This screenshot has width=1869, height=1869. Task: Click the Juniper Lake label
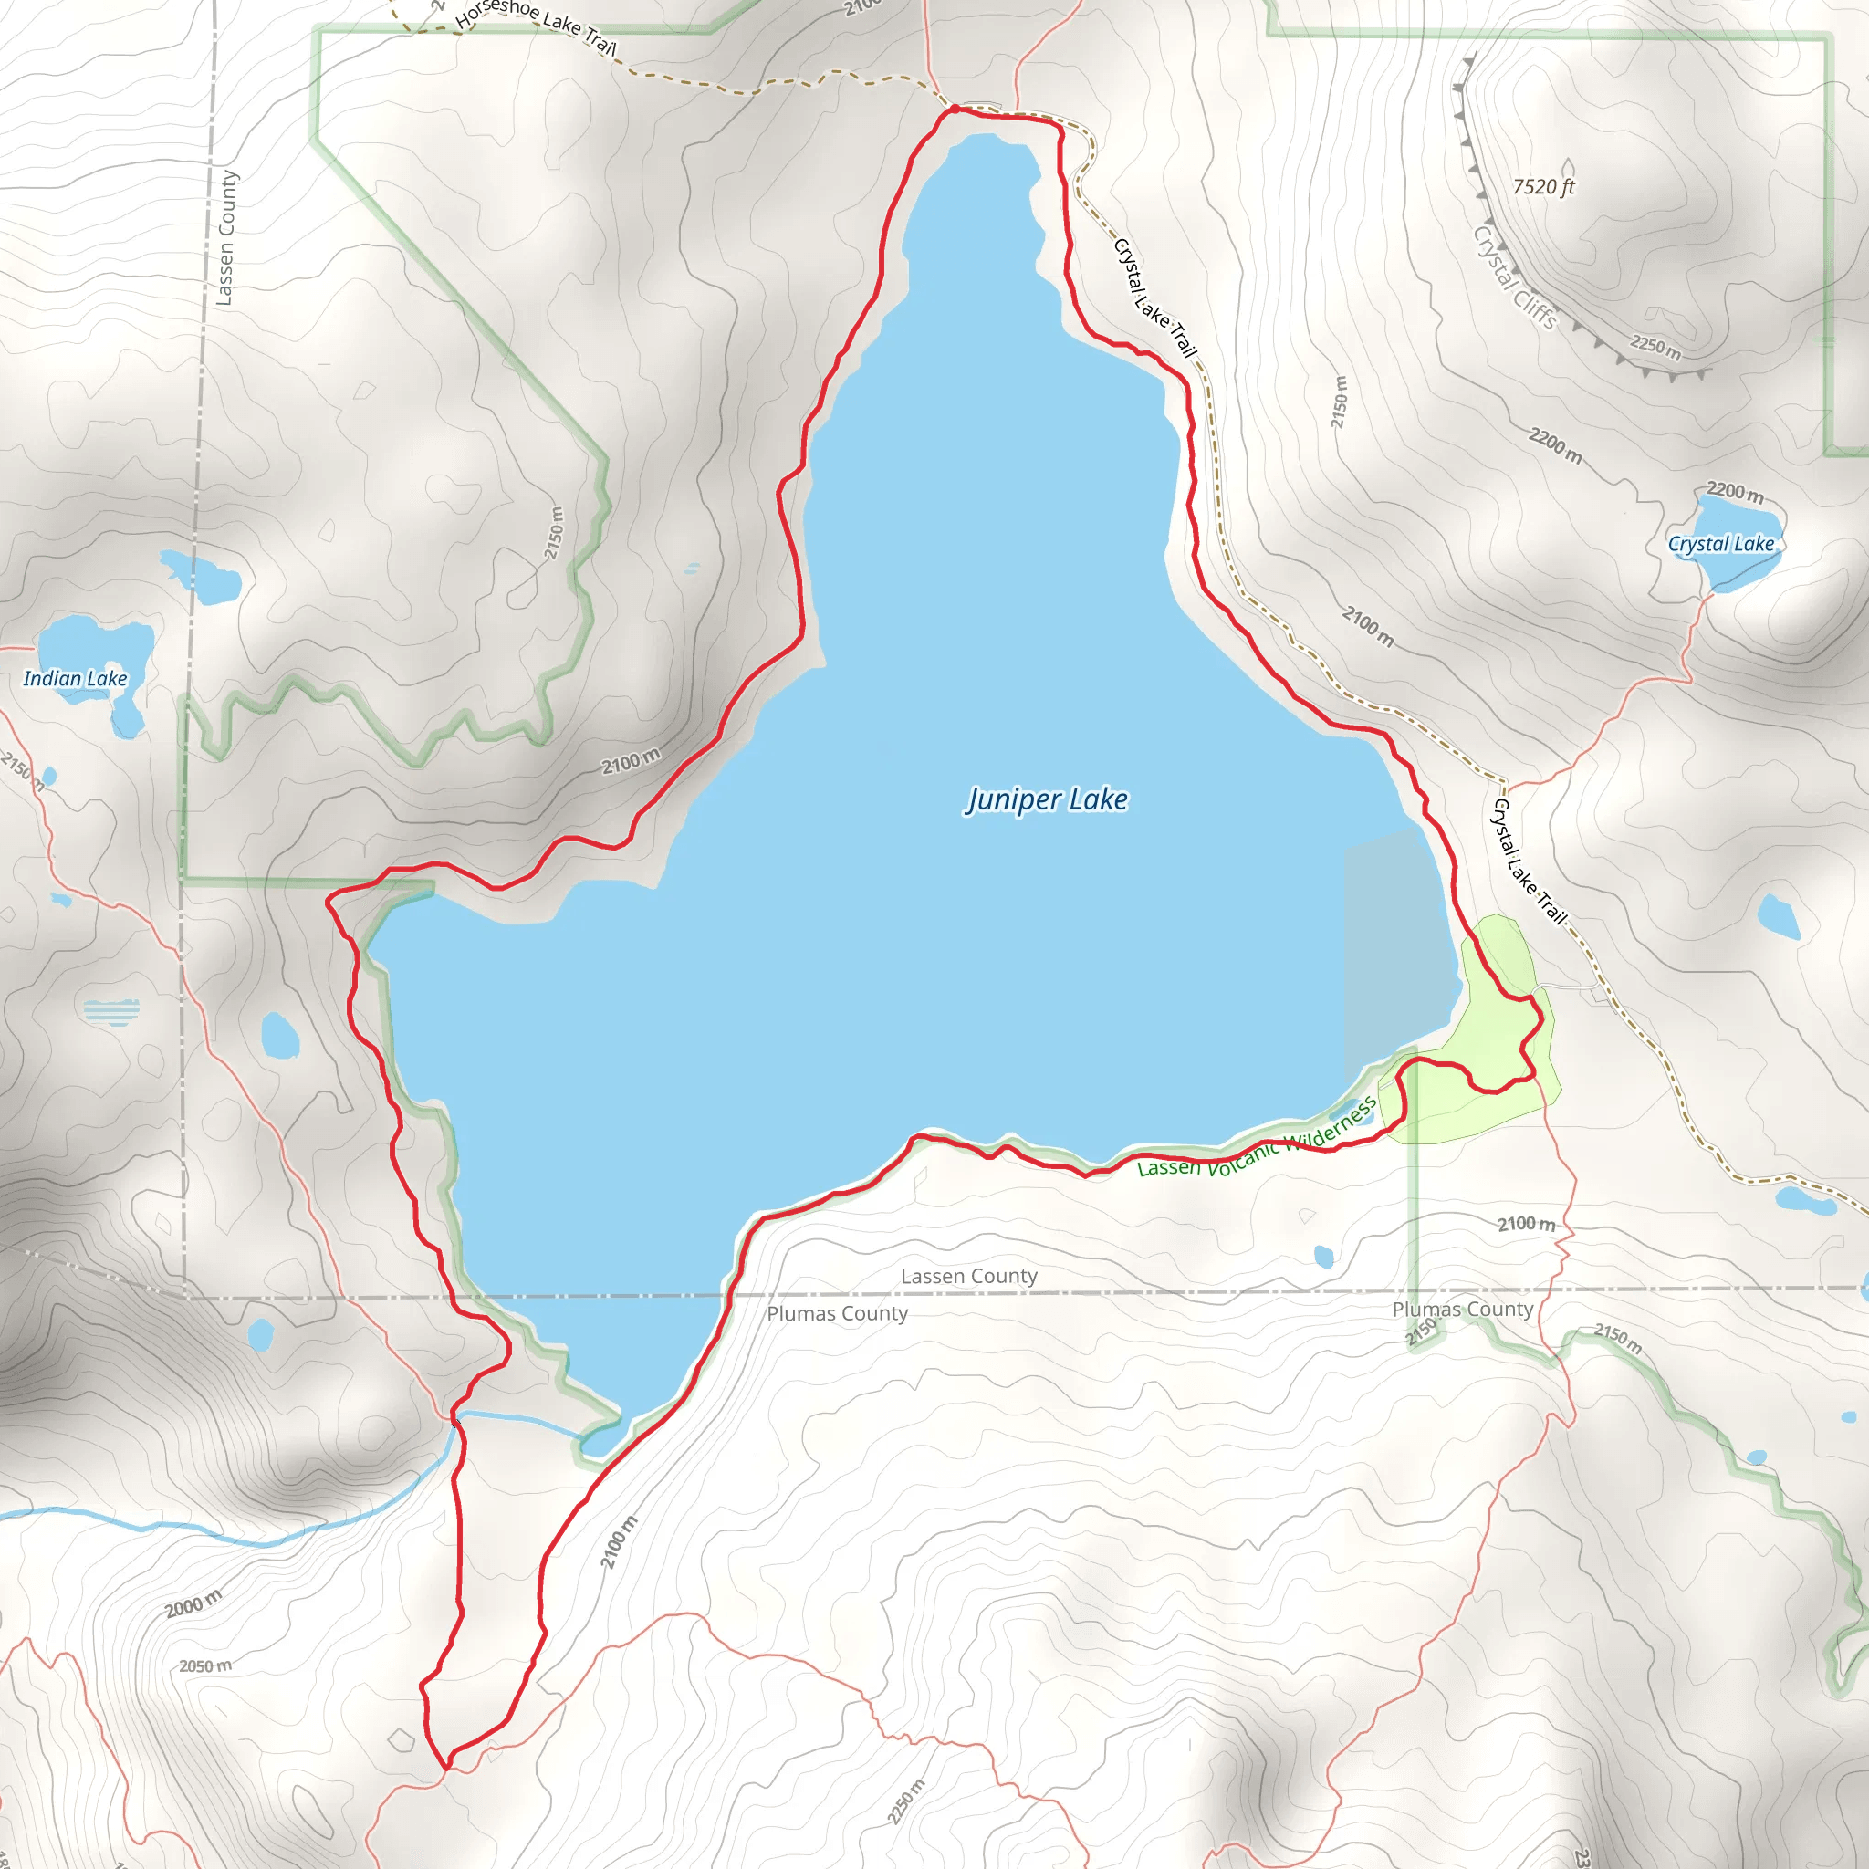pyautogui.click(x=1047, y=800)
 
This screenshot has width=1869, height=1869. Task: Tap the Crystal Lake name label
pyautogui.click(x=1721, y=544)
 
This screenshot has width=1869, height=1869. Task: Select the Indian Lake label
pyautogui.click(x=76, y=678)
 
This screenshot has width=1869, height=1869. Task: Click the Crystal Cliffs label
pyautogui.click(x=1515, y=277)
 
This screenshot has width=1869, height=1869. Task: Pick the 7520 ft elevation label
pyautogui.click(x=1544, y=187)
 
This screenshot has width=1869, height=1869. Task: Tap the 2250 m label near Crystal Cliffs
pyautogui.click(x=1655, y=345)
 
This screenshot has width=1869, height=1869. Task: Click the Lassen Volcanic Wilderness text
pyautogui.click(x=1257, y=1139)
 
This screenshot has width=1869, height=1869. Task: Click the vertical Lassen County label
pyautogui.click(x=226, y=238)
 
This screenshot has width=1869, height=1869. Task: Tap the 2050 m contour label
pyautogui.click(x=205, y=1665)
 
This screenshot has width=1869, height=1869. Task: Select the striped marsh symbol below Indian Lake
pyautogui.click(x=111, y=1012)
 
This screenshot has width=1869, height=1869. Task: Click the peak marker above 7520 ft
pyautogui.click(x=1568, y=167)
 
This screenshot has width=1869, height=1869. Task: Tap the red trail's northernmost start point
pyautogui.click(x=954, y=109)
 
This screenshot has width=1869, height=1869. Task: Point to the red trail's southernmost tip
pyautogui.click(x=447, y=1769)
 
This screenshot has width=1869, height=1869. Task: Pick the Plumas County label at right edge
pyautogui.click(x=1463, y=1309)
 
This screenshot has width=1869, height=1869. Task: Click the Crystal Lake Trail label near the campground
pyautogui.click(x=1530, y=861)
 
